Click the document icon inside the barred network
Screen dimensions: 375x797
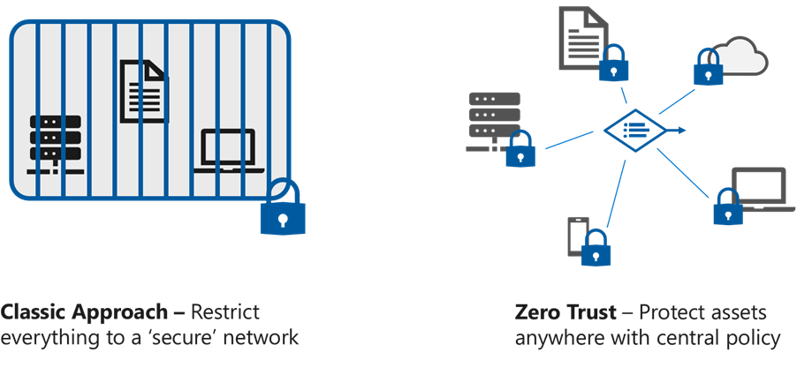pos(143,91)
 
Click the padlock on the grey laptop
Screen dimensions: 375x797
pos(729,206)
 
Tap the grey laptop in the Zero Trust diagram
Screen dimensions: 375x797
pos(758,188)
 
